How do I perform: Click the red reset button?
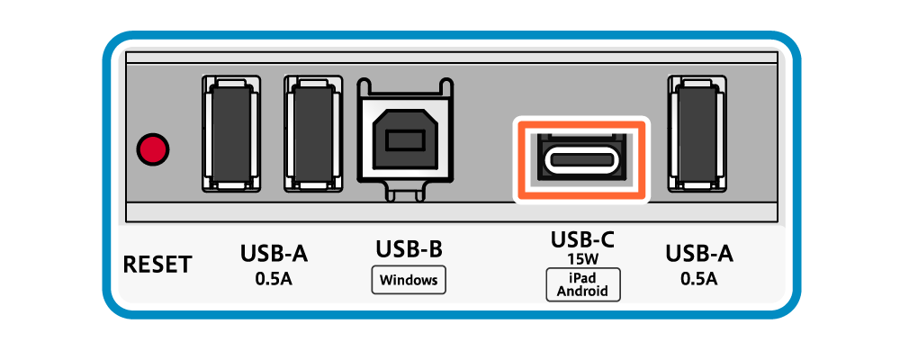[152, 149]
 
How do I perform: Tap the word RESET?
[157, 265]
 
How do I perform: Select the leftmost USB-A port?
[229, 133]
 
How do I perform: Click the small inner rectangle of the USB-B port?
[404, 141]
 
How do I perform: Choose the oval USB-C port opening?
[580, 161]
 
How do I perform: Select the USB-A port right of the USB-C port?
[698, 133]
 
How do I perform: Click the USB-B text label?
[409, 248]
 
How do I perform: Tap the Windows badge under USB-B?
[409, 280]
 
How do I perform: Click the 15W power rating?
[582, 258]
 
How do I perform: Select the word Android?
[582, 291]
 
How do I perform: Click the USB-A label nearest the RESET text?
[274, 254]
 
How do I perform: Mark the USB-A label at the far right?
[699, 254]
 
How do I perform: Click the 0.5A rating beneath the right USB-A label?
[699, 278]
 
